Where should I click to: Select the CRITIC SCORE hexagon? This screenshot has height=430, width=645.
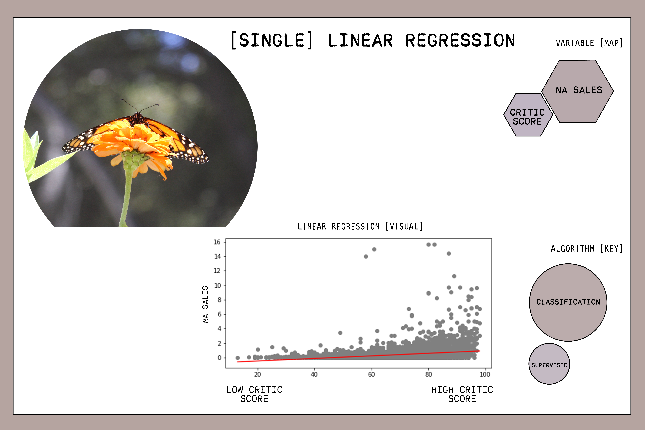click(528, 115)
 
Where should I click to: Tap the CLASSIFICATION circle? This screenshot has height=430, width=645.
click(568, 302)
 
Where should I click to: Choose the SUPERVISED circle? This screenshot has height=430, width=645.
click(549, 364)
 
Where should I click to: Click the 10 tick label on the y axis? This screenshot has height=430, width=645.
click(217, 286)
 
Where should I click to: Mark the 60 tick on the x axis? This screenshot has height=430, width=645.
click(371, 374)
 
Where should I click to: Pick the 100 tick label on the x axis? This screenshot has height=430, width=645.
click(485, 374)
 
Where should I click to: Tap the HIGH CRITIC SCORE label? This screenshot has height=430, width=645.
click(462, 394)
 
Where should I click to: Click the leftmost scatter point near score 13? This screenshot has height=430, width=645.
click(237, 358)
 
